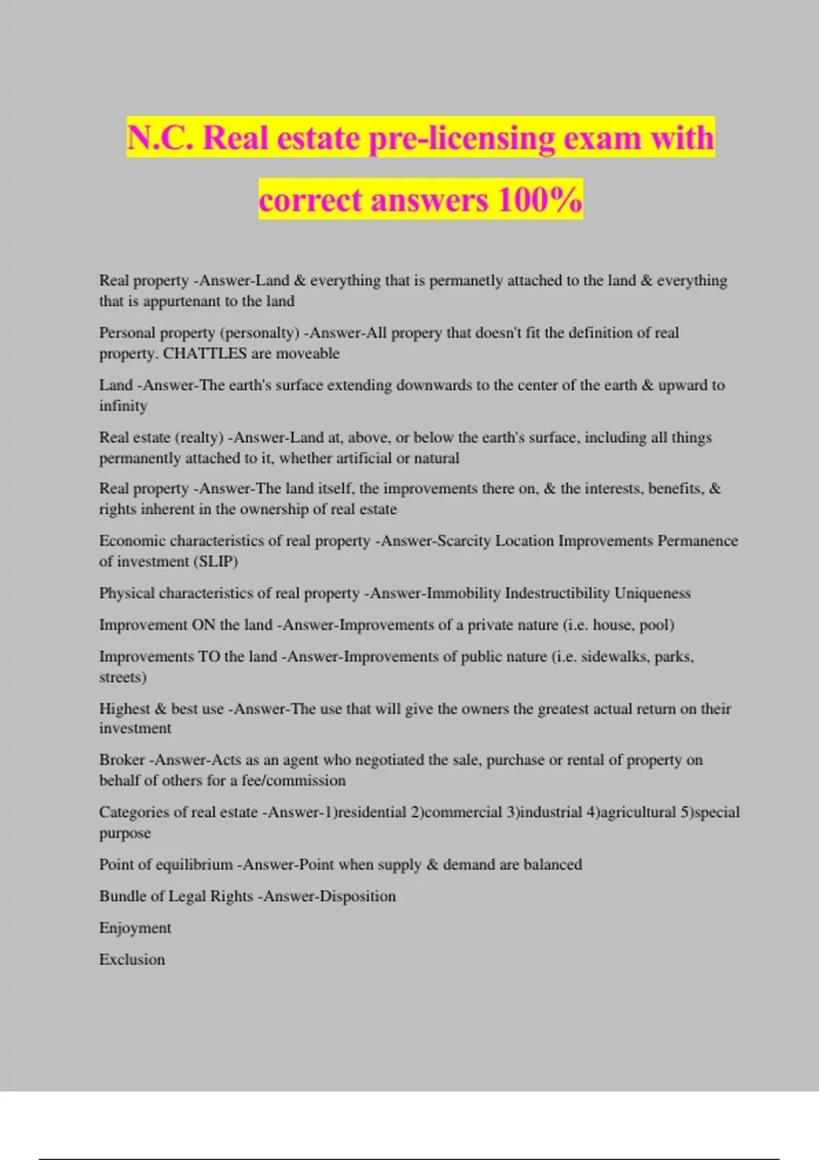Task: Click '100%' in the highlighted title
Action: [540, 200]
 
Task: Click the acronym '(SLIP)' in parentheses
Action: [215, 562]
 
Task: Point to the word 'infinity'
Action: [123, 406]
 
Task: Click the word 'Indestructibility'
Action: [557, 593]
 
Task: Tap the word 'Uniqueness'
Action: [652, 593]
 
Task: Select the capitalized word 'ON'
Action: [203, 625]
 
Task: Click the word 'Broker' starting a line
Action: [121, 760]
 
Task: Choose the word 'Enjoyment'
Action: [135, 928]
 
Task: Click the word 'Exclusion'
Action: [132, 959]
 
